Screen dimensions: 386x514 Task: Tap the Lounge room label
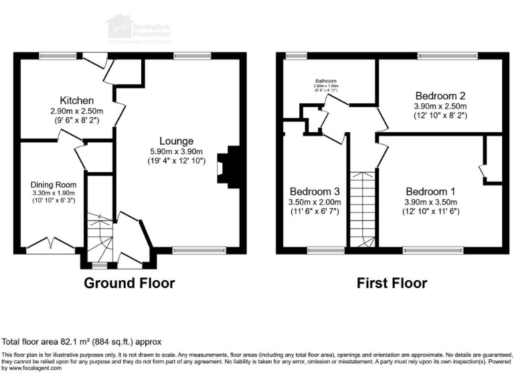[177, 141]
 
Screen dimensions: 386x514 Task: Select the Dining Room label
[53, 184]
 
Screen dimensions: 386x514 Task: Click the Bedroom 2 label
[440, 94]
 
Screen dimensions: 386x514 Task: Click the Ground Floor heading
[129, 283]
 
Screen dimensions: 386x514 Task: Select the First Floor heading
[392, 283]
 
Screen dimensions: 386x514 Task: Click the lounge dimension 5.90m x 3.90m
[177, 151]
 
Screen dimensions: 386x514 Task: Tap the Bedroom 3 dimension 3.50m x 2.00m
[315, 202]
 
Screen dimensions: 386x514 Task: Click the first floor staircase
[362, 208]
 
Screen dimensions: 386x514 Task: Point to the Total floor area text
[81, 341]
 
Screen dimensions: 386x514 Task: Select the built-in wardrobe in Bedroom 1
[491, 159]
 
